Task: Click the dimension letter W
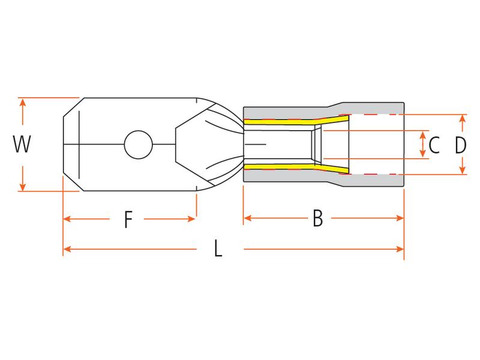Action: pos(22,145)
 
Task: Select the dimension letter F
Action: pos(128,220)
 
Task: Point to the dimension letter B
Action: pos(318,220)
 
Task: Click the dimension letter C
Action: pos(435,145)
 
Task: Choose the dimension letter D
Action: pos(460,145)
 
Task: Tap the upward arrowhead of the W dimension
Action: pos(23,103)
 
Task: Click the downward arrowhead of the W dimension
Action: pos(23,187)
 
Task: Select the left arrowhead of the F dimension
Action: pos(67,219)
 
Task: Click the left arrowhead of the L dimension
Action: pos(67,248)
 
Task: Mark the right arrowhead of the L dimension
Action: pos(400,248)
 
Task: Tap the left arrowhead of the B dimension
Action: pos(247,219)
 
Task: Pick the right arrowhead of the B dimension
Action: pos(400,219)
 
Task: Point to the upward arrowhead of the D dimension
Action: pos(462,119)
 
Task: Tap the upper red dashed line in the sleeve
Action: pos(372,115)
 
